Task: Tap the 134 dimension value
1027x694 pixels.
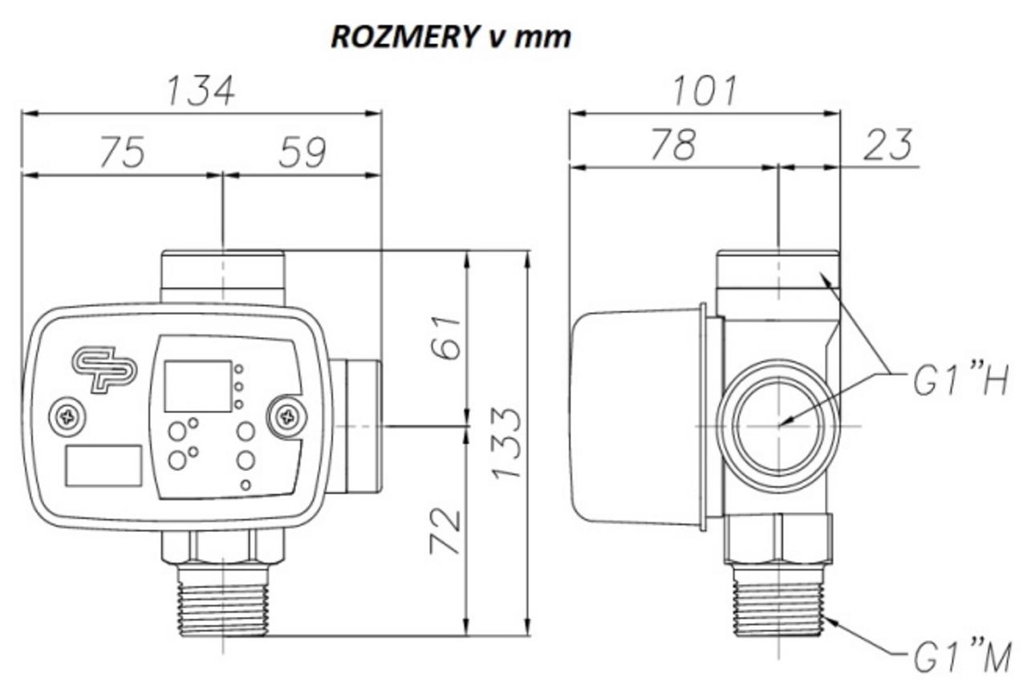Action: coord(201,91)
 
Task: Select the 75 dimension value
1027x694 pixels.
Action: coord(122,152)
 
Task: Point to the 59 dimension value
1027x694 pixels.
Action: coord(302,152)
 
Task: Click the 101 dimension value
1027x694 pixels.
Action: coord(704,91)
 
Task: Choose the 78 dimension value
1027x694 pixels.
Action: coord(673,145)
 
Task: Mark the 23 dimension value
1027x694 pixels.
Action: coord(888,145)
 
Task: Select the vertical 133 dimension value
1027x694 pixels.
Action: coord(506,444)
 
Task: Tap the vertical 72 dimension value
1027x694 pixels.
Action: coord(446,531)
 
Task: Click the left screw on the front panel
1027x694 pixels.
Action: coord(67,416)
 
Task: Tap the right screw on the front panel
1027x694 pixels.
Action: coord(288,416)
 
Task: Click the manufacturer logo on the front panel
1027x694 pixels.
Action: coord(104,369)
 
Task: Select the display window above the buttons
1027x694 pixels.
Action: coord(197,386)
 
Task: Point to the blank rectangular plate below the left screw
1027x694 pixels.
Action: coord(104,466)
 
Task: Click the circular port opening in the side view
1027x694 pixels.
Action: coord(777,425)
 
